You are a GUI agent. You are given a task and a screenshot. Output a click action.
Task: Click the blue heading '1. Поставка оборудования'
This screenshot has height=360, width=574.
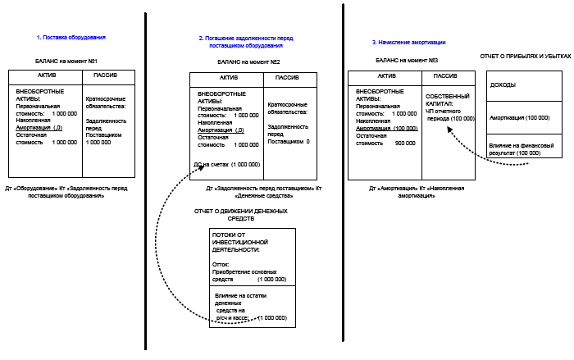tap(71, 38)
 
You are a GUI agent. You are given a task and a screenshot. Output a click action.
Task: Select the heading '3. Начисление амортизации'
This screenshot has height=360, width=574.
tap(408, 42)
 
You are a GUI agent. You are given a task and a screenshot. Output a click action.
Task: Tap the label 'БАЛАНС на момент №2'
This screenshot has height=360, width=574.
tap(248, 62)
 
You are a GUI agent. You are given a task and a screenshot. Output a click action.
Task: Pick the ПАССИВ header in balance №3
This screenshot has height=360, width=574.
tap(445, 76)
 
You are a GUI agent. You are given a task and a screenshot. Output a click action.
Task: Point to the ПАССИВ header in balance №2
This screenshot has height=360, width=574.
tap(286, 78)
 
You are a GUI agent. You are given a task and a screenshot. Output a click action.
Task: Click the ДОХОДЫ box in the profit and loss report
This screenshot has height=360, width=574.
tap(503, 85)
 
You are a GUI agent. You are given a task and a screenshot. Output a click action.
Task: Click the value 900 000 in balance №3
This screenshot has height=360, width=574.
tap(405, 143)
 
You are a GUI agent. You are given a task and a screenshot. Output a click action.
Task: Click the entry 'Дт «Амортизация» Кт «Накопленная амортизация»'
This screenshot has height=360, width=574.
tap(410, 193)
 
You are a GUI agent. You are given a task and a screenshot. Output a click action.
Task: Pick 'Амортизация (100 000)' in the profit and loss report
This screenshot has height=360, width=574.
tap(519, 117)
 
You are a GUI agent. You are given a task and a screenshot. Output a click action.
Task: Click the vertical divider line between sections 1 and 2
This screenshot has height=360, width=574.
tap(146, 180)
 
